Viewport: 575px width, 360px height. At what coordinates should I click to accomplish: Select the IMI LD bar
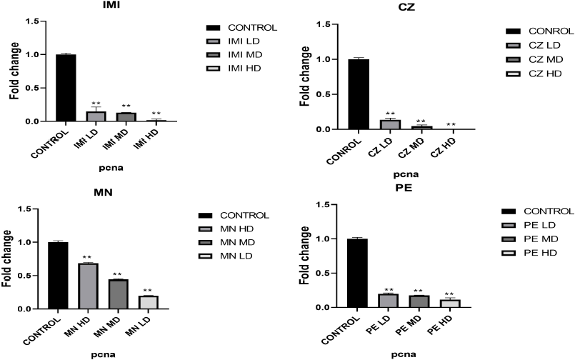pos(95,116)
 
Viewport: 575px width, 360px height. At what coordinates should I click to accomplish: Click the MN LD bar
pos(147,302)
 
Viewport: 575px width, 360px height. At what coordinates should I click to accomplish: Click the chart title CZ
pos(408,8)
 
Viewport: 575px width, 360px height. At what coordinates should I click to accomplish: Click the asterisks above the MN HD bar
pos(88,258)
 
